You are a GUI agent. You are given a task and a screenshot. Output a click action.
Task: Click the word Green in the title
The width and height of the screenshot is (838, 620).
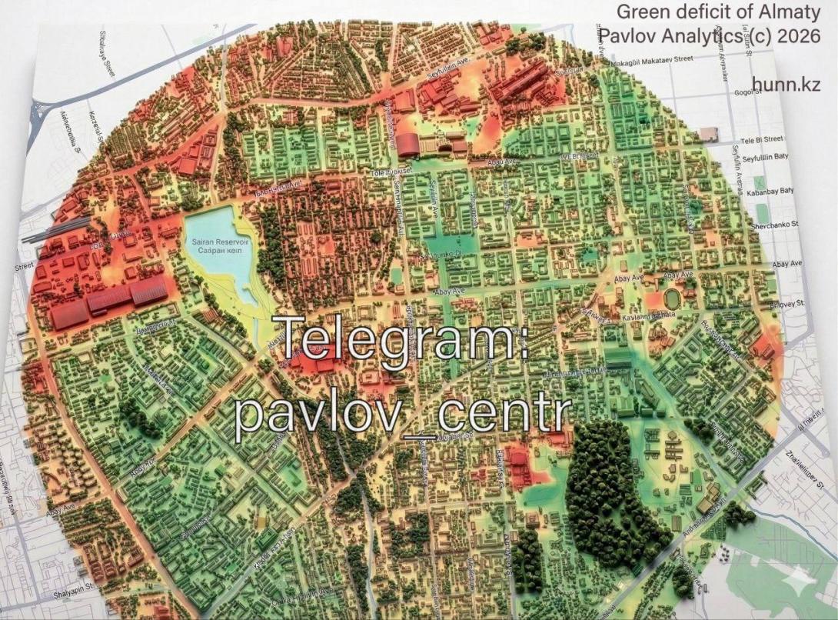pyautogui.click(x=641, y=12)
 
